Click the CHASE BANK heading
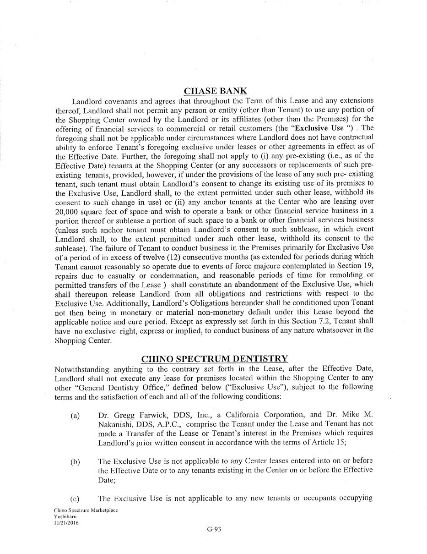(x=215, y=91)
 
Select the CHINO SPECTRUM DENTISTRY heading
(x=214, y=359)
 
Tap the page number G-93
(x=214, y=529)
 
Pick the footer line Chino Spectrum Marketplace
(x=86, y=510)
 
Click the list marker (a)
(x=75, y=416)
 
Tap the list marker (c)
(x=75, y=499)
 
